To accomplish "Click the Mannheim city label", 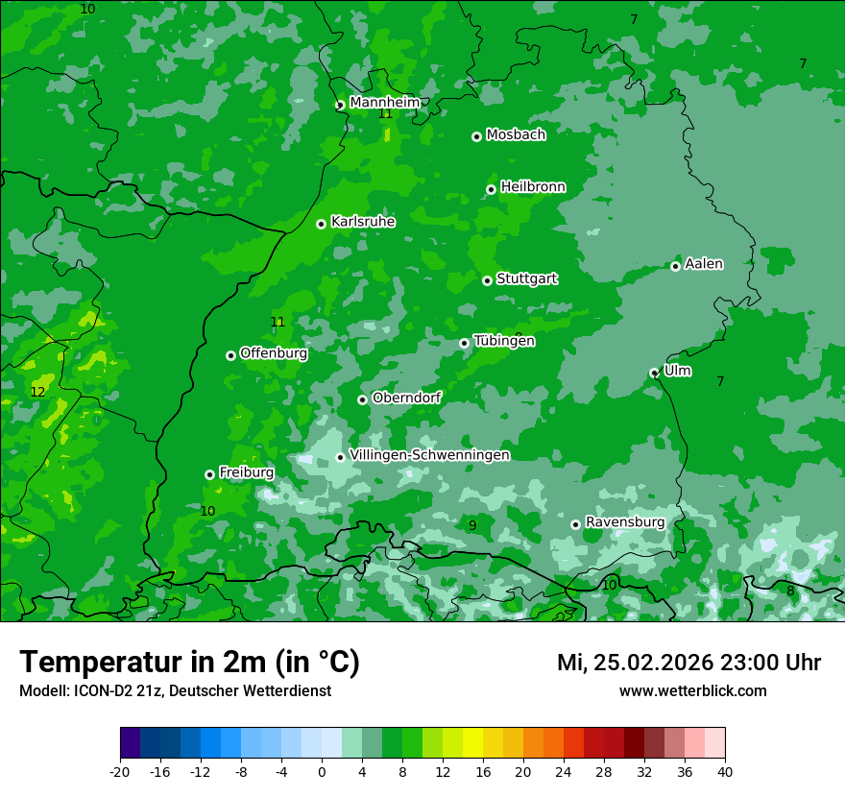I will [385, 103].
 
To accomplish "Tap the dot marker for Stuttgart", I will [487, 280].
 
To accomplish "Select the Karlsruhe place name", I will [363, 222].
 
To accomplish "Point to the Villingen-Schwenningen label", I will [429, 455].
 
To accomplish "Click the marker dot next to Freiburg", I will [209, 474].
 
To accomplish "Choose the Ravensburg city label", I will [625, 522].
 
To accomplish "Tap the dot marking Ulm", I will [654, 373].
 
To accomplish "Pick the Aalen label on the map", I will [704, 264].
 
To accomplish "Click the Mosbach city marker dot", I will [476, 136].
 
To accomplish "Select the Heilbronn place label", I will [533, 187].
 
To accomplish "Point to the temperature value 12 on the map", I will [37, 392].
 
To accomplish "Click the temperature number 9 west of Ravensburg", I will [472, 525].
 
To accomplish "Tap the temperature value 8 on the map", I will [790, 591].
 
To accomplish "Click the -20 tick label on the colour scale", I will [120, 772].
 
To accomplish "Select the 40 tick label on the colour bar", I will [725, 772].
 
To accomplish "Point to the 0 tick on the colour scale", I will [322, 772].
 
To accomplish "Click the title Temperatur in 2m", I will [189, 662].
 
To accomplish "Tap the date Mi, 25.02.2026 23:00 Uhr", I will [688, 663].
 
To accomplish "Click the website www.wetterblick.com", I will [692, 691].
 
